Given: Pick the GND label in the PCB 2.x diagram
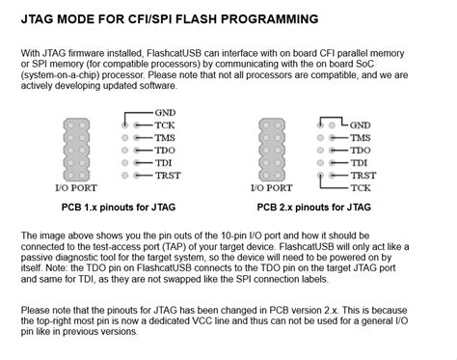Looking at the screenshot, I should click(x=361, y=125).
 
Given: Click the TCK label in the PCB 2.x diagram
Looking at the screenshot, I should click(x=361, y=188).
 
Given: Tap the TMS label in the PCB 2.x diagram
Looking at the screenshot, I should click(x=361, y=138).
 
